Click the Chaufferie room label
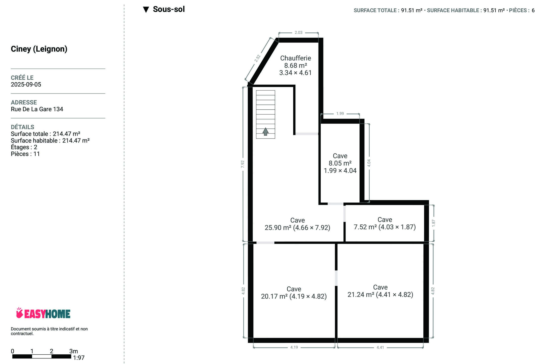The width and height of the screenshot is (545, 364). (x=295, y=58)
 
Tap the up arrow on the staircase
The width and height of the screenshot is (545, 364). (x=265, y=131)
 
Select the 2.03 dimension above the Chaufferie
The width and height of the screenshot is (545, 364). (x=298, y=33)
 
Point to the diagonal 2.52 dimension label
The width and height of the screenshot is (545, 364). (x=257, y=58)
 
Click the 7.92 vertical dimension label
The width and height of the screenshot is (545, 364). (x=243, y=164)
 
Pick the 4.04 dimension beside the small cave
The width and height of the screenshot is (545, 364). (x=369, y=163)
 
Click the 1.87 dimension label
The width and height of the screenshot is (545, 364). (x=433, y=223)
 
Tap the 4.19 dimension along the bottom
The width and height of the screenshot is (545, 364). (x=294, y=347)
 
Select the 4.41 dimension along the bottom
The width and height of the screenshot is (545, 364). (x=380, y=347)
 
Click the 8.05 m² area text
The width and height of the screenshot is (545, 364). (x=340, y=163)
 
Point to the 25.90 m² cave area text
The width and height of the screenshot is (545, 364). (x=276, y=228)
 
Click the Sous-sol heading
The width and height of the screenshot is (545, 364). (x=169, y=9)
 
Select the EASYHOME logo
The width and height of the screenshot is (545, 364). (x=43, y=313)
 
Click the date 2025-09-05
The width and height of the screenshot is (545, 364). (x=26, y=84)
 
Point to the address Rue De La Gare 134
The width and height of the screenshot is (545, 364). (x=37, y=109)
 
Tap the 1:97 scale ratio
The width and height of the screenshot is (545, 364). (x=79, y=358)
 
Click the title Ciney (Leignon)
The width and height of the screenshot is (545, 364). (x=39, y=49)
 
